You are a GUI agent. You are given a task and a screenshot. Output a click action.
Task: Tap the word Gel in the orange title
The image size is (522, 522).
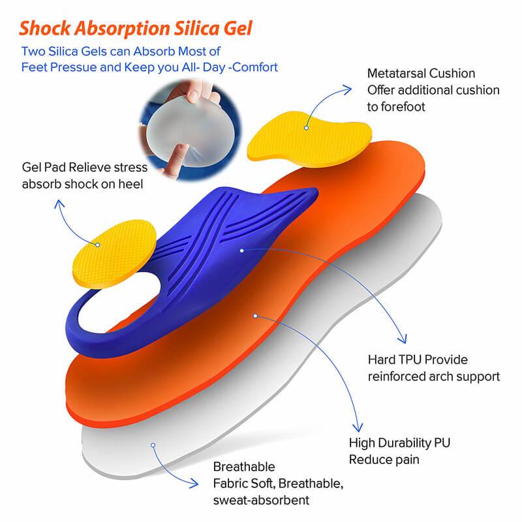[x=237, y=29]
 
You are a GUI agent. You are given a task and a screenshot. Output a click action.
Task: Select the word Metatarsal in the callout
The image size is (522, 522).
[x=397, y=74]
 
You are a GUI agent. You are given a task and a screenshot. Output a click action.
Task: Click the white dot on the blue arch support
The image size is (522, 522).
[x=241, y=250]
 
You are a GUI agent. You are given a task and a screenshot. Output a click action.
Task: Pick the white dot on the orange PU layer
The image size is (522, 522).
[x=256, y=316]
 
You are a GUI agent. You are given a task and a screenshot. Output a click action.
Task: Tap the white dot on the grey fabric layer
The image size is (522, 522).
[x=153, y=446]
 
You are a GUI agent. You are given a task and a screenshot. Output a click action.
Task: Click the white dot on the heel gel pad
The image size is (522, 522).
[x=98, y=245]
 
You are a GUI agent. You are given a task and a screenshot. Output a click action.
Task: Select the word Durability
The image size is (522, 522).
[x=407, y=443]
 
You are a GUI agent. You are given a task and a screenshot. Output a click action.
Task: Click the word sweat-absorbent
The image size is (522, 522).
[x=261, y=500]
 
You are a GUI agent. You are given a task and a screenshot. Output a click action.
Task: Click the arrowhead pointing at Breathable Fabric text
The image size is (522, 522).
[x=195, y=484]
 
